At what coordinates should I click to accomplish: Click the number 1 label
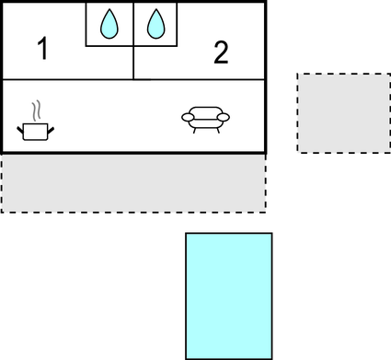[x=41, y=50]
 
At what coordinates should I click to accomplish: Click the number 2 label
[x=220, y=53]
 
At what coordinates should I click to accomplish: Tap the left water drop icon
[x=109, y=24]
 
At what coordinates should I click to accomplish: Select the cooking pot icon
[x=35, y=131]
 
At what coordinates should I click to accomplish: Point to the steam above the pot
[x=36, y=111]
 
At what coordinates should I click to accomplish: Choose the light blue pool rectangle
[x=228, y=295]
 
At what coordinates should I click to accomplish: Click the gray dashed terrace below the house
[x=132, y=183]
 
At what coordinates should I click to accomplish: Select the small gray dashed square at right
[x=343, y=112]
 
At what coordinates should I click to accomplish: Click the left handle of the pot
[x=21, y=126]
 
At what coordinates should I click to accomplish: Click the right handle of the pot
[x=50, y=126]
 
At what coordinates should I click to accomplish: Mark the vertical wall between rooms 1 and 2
[x=134, y=63]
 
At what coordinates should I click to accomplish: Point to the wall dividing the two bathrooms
[x=134, y=23]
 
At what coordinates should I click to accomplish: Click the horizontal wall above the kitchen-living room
[x=92, y=80]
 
